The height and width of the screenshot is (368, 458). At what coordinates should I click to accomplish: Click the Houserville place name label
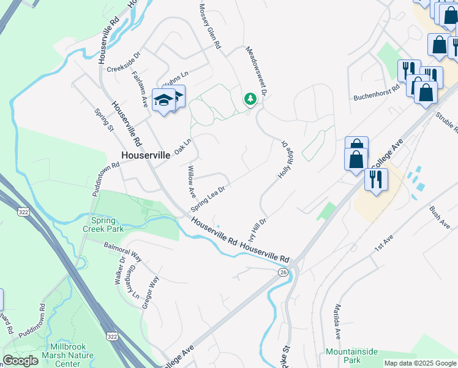pyautogui.click(x=146, y=155)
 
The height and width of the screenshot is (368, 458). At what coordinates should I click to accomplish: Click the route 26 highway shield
pyautogui.click(x=282, y=272)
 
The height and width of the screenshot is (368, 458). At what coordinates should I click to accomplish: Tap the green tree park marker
pyautogui.click(x=250, y=98)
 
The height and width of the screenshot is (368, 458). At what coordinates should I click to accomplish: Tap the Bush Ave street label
pyautogui.click(x=440, y=217)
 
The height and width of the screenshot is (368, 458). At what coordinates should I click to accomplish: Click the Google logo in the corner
pyautogui.click(x=20, y=361)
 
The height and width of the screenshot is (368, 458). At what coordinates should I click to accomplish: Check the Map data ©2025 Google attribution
pyautogui.click(x=420, y=363)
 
